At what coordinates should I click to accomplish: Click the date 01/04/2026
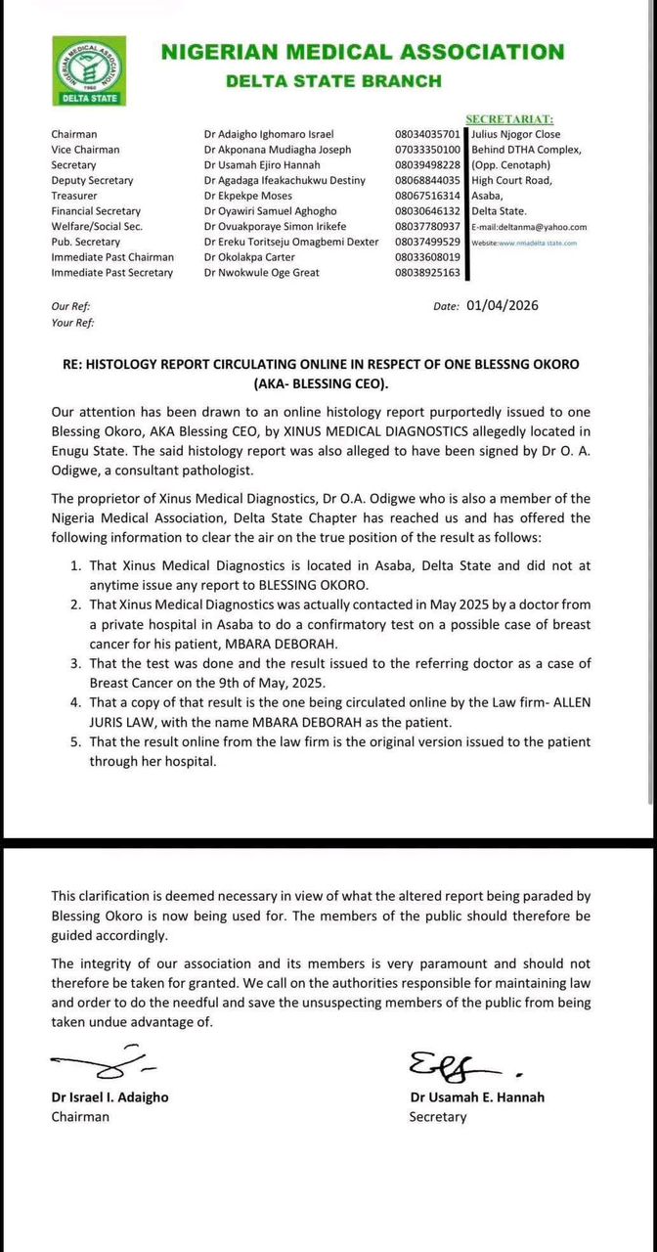(503, 305)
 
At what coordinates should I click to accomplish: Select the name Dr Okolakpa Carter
(249, 257)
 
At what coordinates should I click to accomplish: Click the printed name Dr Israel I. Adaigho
(109, 1097)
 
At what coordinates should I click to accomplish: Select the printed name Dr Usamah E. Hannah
(477, 1097)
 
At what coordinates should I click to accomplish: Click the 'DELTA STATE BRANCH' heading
(333, 81)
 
